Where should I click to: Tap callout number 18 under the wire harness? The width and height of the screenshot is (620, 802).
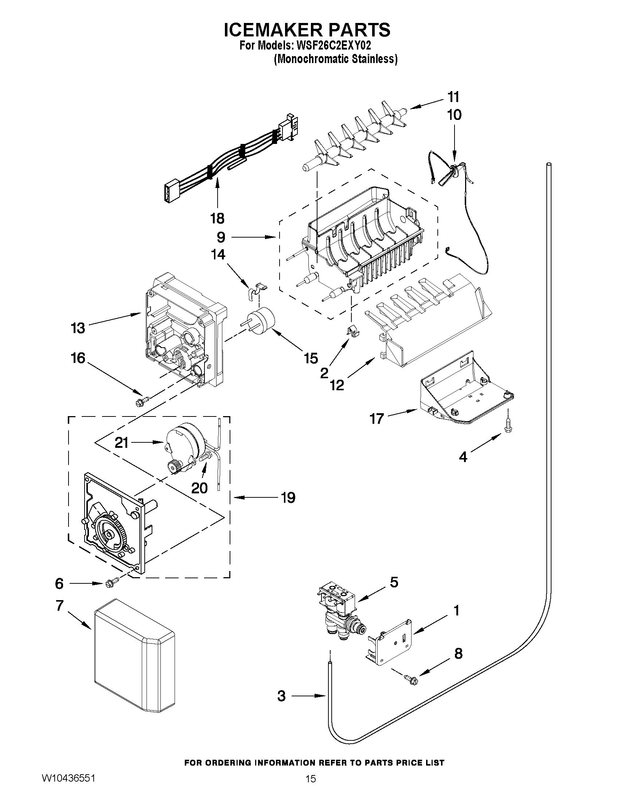pyautogui.click(x=217, y=219)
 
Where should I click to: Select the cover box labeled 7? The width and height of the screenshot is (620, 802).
pyautogui.click(x=134, y=659)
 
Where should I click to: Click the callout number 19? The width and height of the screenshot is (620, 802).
pyautogui.click(x=288, y=498)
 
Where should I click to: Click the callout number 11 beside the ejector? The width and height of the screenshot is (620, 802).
pyautogui.click(x=453, y=97)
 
